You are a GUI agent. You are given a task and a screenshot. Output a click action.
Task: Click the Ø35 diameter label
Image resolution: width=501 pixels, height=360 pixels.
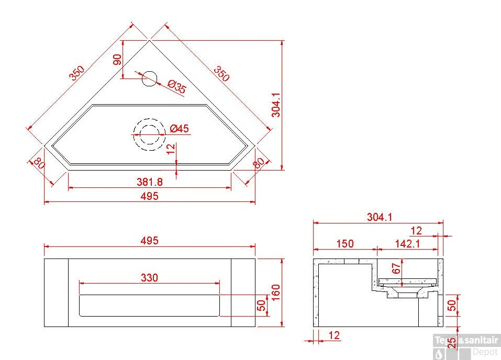177,86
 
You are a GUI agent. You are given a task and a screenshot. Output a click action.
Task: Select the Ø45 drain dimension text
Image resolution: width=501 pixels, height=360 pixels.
179,128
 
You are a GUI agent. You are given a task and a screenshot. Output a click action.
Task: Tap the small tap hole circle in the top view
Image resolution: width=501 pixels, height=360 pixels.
150,78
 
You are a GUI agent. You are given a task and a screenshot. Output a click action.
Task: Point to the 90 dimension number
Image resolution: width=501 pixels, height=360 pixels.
118,60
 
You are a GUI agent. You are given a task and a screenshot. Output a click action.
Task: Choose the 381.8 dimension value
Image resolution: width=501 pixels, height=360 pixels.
150,182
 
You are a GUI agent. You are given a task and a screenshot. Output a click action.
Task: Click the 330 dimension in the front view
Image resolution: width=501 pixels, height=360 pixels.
150,277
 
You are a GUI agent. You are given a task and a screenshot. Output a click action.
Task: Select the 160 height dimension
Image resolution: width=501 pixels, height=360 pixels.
275,292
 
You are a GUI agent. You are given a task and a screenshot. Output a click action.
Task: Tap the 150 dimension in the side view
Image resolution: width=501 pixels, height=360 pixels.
345,244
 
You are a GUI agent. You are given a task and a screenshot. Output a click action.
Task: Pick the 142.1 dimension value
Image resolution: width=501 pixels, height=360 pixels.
407,244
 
